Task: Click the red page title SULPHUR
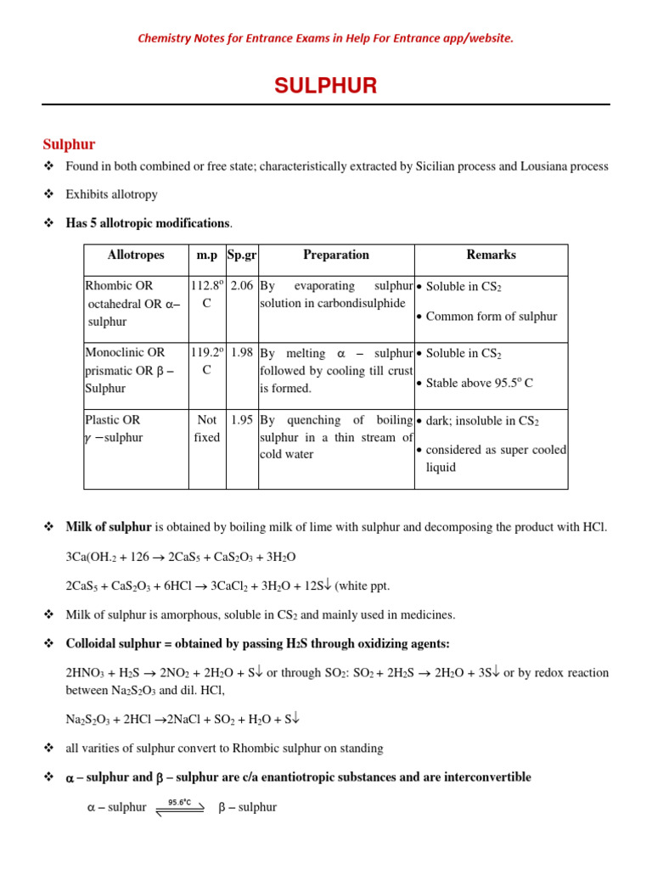(x=325, y=86)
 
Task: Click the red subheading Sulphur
(x=69, y=144)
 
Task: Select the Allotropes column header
(x=136, y=255)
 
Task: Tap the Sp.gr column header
(x=242, y=255)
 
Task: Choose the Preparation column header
(x=336, y=255)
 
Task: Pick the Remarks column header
(x=491, y=255)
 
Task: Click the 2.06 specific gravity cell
(x=242, y=286)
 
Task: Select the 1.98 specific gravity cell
(x=242, y=353)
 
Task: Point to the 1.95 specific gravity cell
(x=242, y=420)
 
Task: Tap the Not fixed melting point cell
(x=206, y=429)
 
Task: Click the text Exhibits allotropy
(x=111, y=194)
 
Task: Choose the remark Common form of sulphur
(x=492, y=317)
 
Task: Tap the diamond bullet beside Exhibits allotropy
(x=48, y=194)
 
